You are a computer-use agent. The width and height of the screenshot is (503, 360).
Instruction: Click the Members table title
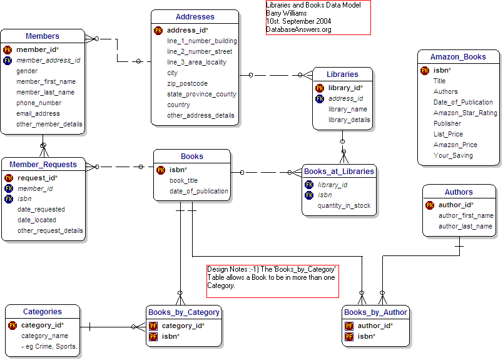point(43,36)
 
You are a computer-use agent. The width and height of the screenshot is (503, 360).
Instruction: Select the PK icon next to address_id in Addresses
point(158,30)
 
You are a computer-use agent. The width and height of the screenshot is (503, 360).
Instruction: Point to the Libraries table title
point(343,75)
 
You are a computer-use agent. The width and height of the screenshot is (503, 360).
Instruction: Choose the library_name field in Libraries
point(348,109)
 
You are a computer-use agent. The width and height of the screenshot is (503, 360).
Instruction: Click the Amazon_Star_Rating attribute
point(465,113)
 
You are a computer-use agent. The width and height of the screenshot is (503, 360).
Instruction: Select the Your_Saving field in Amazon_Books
point(453,155)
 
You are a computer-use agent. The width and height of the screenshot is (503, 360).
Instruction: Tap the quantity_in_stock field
point(344,205)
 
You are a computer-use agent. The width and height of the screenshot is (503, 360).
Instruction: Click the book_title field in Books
point(183,180)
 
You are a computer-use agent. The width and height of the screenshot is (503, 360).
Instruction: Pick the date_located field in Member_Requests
point(37,220)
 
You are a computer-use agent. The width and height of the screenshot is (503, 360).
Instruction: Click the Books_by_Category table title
point(184,312)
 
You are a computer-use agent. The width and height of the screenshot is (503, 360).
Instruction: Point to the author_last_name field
point(465,226)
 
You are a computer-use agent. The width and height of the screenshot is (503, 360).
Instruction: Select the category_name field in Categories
point(44,336)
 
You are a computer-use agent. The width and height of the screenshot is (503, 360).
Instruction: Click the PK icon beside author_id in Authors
point(430,205)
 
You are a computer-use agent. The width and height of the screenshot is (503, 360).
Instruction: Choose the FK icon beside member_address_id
point(8,61)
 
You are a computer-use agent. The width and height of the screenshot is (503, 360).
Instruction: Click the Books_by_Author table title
point(375,312)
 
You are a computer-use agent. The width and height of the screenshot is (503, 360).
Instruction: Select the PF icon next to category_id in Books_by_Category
point(153,326)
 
